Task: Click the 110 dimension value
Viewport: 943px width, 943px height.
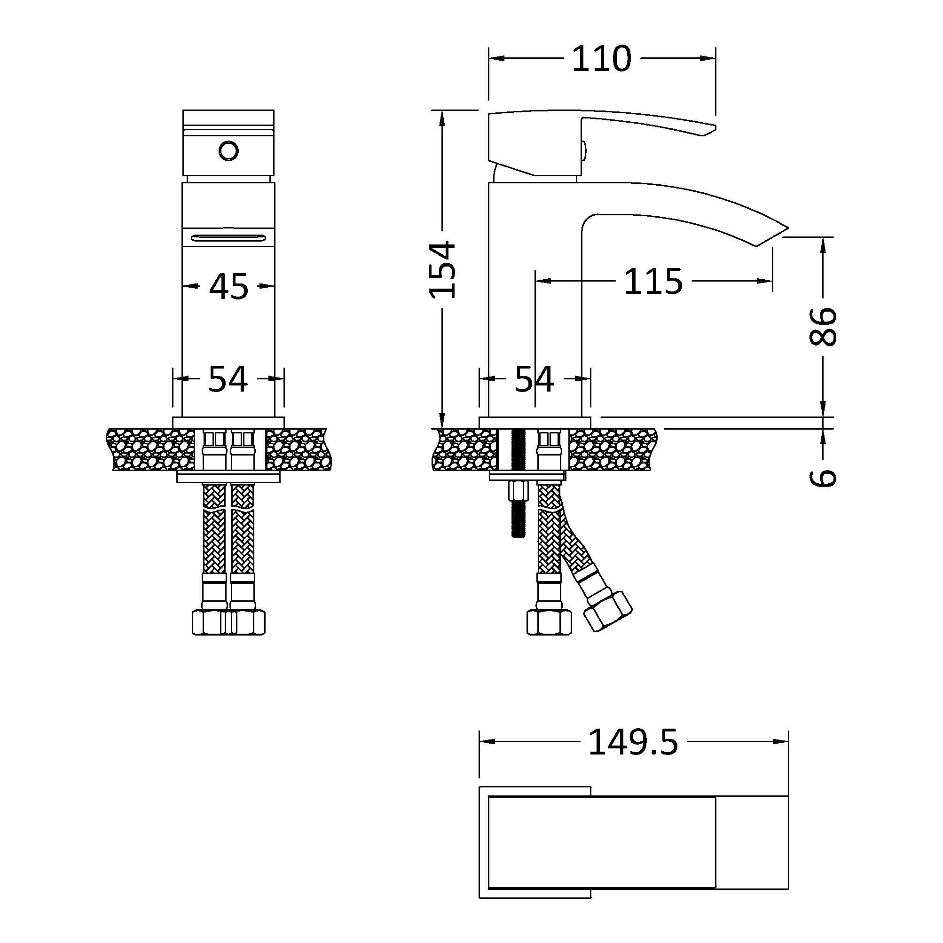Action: coord(601,59)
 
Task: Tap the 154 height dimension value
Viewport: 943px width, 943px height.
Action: coord(442,269)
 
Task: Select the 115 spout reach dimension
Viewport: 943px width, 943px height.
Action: coord(653,282)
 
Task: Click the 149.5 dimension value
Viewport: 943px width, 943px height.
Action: coord(633,742)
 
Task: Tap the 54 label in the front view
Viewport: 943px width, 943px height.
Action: coord(228,379)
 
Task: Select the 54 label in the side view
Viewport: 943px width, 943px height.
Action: coord(534,379)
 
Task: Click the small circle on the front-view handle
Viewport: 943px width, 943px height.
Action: coord(228,151)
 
